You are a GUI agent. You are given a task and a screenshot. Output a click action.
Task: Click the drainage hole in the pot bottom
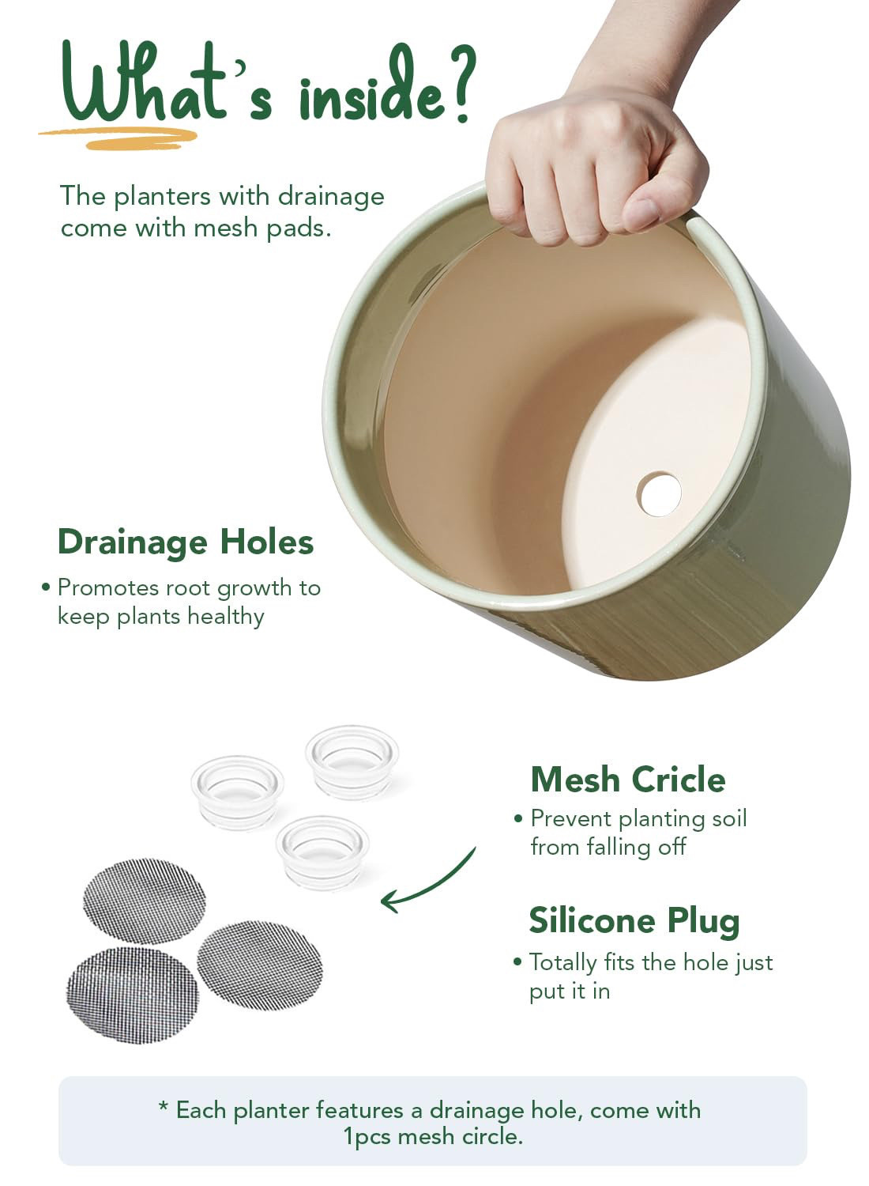click(659, 494)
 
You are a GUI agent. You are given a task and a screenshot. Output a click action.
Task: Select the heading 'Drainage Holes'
click(186, 542)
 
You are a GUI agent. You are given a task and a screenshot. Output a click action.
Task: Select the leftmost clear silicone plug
click(238, 792)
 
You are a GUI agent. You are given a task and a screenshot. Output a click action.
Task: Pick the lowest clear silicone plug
click(322, 852)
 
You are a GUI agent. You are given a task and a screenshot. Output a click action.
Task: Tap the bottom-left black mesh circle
click(132, 995)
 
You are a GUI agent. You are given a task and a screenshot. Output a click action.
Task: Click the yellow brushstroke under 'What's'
click(119, 138)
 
